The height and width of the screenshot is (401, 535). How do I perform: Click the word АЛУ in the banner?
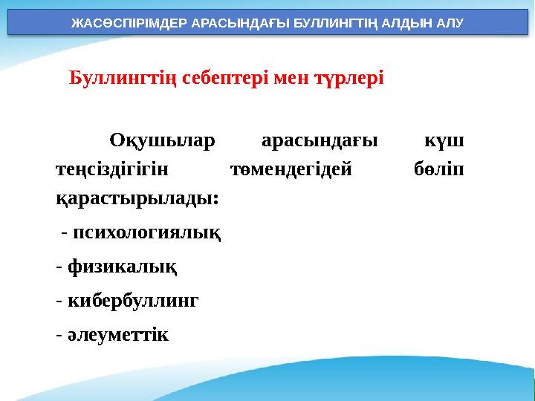pos(447,22)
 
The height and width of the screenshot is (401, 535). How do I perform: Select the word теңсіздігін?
pos(112,169)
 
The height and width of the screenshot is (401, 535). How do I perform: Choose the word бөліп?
pos(438,169)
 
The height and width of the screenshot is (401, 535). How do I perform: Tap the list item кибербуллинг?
pos(133,301)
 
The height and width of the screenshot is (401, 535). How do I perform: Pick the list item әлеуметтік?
pos(118,334)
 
